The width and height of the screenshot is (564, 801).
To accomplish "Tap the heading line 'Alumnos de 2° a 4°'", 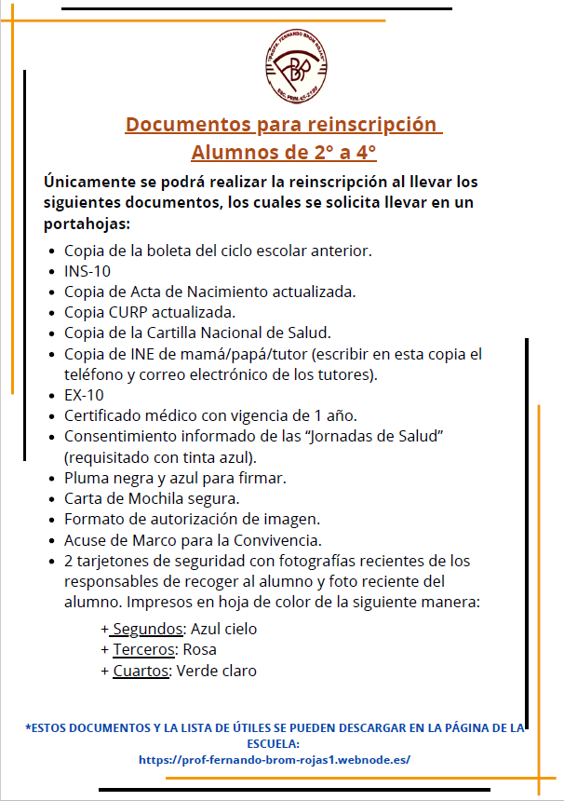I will [283, 152].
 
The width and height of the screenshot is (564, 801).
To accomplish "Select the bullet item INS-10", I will [87, 271].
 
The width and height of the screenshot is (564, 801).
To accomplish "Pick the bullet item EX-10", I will [84, 394].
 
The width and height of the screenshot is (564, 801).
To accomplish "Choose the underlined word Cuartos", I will [141, 671].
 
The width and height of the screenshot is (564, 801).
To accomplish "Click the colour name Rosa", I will [200, 649].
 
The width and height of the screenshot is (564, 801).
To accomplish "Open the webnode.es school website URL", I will [275, 759].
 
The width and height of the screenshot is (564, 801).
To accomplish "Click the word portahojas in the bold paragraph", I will [86, 224].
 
